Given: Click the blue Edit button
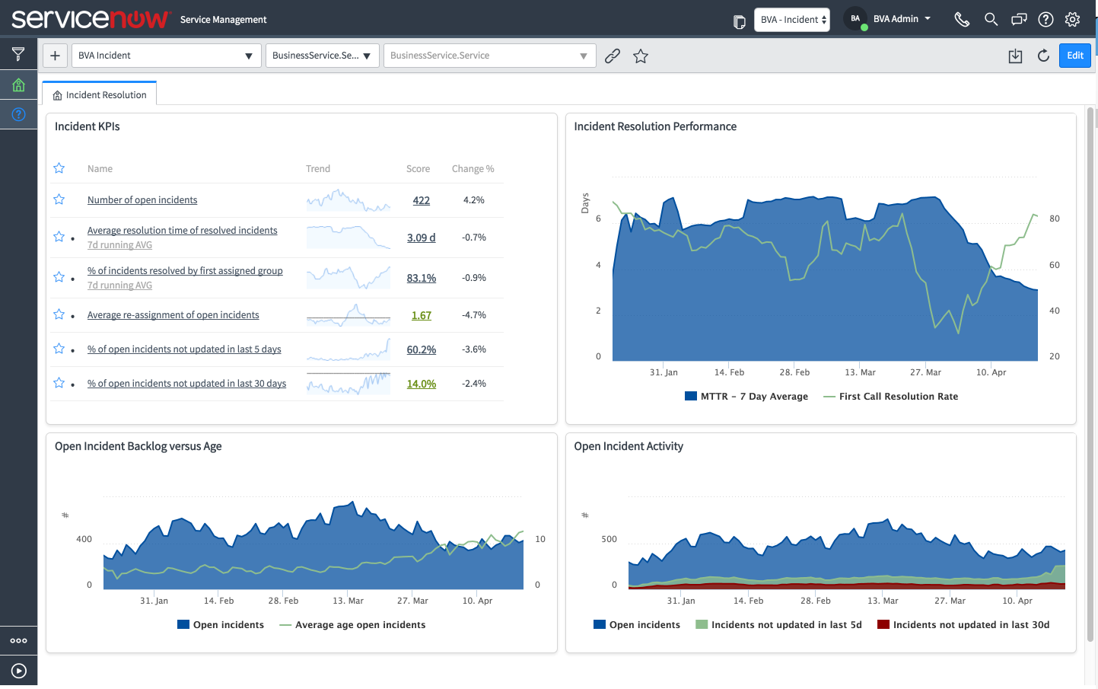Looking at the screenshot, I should pyautogui.click(x=1074, y=56).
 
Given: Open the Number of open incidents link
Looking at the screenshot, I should pyautogui.click(x=142, y=200).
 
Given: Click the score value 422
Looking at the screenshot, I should pyautogui.click(x=421, y=201).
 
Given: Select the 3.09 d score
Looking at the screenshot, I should pyautogui.click(x=421, y=238).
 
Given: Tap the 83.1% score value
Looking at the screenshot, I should pyautogui.click(x=421, y=279).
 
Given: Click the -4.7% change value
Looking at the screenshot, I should pyautogui.click(x=473, y=315).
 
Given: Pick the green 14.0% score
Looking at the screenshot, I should pyautogui.click(x=421, y=384).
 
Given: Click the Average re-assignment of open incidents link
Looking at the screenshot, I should pyautogui.click(x=173, y=315).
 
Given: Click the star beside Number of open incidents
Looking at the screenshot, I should pyautogui.click(x=59, y=199).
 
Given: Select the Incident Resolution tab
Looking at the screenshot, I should pyautogui.click(x=100, y=95).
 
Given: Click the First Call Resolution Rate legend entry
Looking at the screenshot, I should pyautogui.click(x=898, y=397).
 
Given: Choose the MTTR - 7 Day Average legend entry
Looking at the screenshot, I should pyautogui.click(x=753, y=397).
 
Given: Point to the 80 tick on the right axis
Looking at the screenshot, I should pyautogui.click(x=1054, y=219).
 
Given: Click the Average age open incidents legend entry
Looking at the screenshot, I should pyautogui.click(x=360, y=625).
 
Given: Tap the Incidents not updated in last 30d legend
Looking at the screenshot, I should pyautogui.click(x=970, y=625).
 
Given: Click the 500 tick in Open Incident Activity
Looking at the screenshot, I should pyautogui.click(x=609, y=540).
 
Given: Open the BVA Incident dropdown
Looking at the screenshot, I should pyautogui.click(x=165, y=56).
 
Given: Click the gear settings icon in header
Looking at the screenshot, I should pyautogui.click(x=1072, y=20).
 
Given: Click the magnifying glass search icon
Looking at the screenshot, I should pyautogui.click(x=991, y=20).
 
